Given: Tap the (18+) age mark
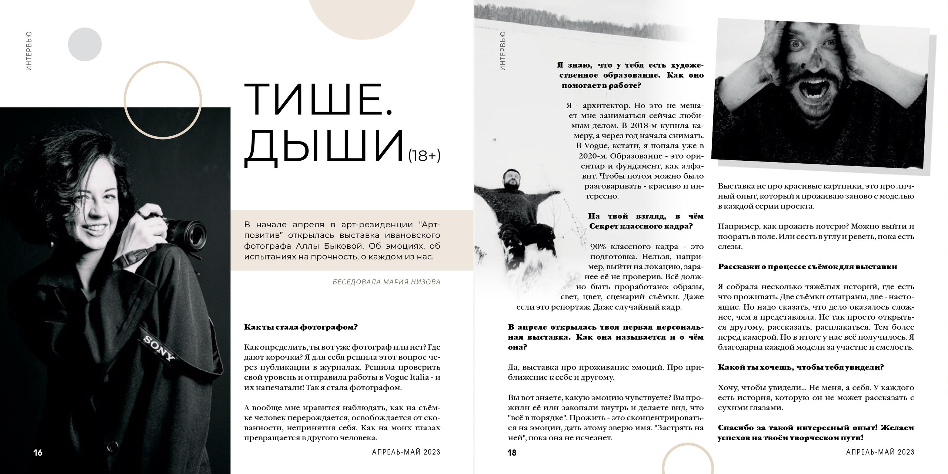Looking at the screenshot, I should coord(424,156).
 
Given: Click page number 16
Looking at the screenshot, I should coord(38,453).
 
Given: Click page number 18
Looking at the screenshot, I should coord(512,453).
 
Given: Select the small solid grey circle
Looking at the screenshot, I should coord(85,44).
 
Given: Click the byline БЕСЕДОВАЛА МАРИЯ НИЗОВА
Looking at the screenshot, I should coord(386,282).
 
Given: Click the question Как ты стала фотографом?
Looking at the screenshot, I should coord(301,327).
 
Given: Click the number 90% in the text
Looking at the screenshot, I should coord(598,247).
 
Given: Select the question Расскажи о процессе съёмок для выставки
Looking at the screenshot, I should coord(807,267).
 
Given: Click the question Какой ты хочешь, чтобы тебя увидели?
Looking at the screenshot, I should coord(801,367).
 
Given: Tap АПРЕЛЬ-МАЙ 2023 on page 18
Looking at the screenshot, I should coord(880,452).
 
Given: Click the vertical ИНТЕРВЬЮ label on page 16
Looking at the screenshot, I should coord(29,51).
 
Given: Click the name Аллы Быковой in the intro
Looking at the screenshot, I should coord(327,246).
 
